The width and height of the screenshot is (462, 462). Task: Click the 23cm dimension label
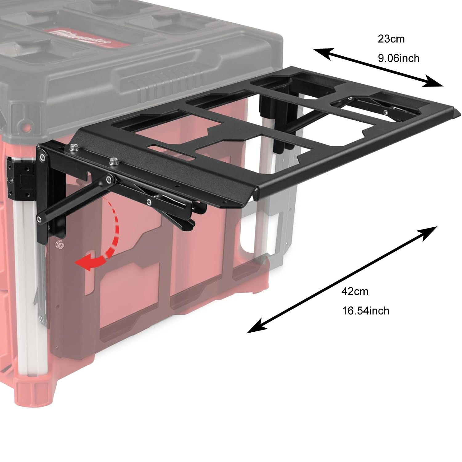coord(391,39)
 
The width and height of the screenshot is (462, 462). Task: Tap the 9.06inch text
coord(399,58)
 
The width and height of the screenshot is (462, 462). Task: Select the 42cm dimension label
coord(355,291)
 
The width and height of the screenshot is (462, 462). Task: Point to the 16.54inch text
coord(366,311)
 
